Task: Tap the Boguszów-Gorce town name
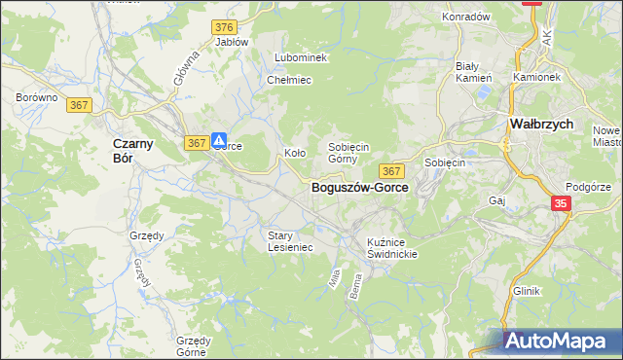click(x=359, y=189)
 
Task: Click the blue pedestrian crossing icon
click(x=221, y=140)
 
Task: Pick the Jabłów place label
click(x=232, y=43)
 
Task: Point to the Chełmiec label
click(x=288, y=80)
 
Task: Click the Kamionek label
click(x=536, y=76)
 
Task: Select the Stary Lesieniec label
click(x=290, y=241)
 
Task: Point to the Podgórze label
click(x=587, y=186)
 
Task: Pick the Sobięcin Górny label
click(x=348, y=153)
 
